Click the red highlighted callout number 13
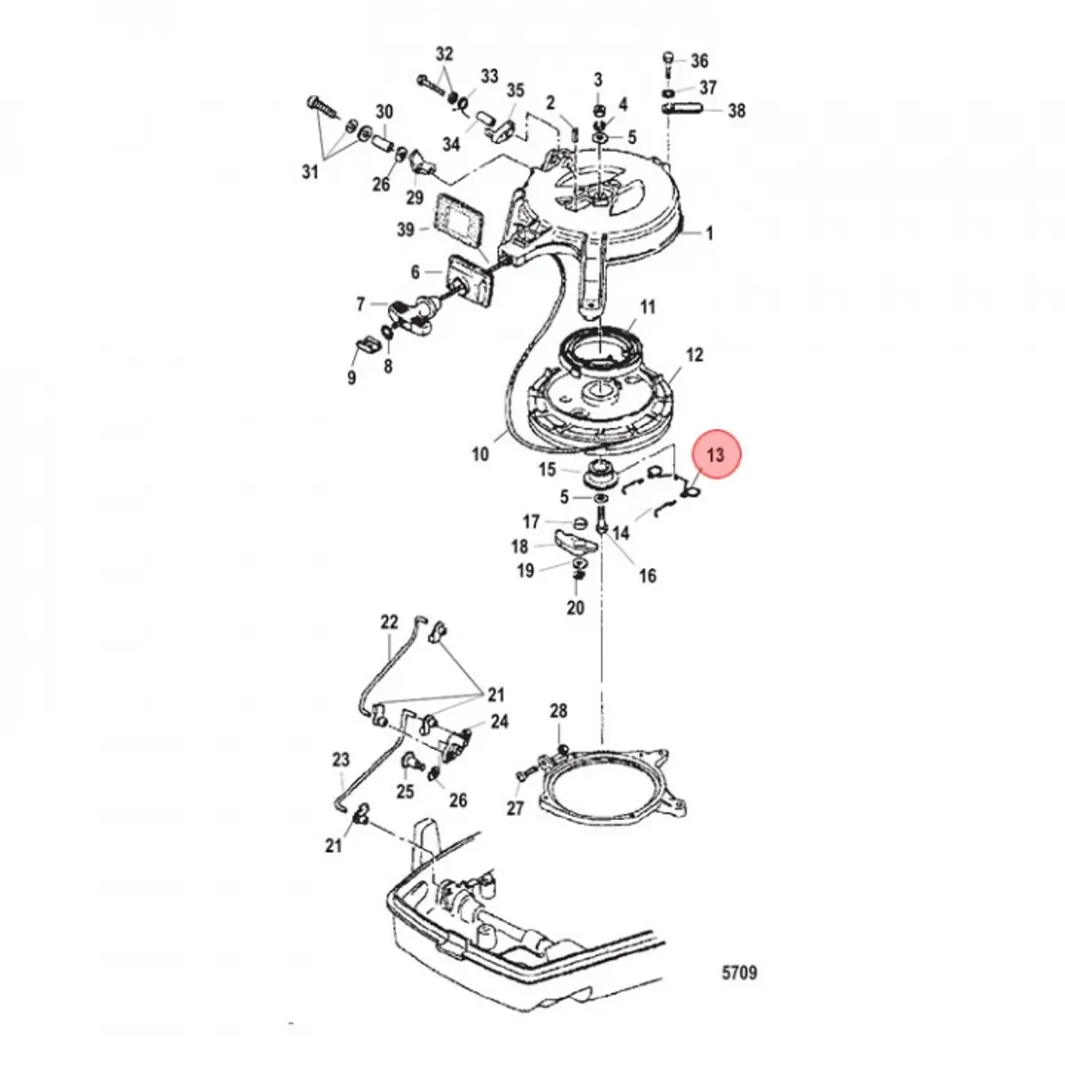tap(716, 454)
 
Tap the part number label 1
tap(709, 233)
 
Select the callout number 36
tap(699, 61)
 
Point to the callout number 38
tap(737, 111)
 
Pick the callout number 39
tap(406, 230)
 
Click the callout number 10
tap(480, 454)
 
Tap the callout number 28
tap(558, 711)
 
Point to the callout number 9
tap(351, 378)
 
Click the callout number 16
tap(648, 576)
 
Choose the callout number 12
tap(695, 355)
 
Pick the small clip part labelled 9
tap(363, 344)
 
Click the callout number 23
tap(341, 760)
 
